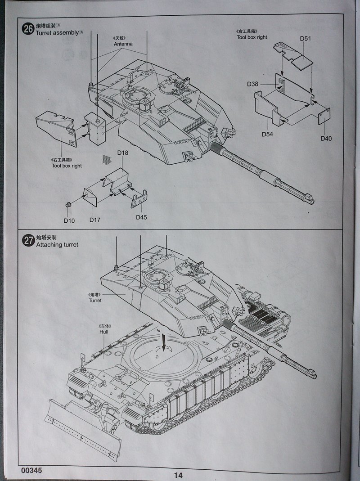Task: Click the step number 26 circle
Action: pyautogui.click(x=28, y=29)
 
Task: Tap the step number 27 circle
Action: pyautogui.click(x=28, y=241)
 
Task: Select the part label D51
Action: pyautogui.click(x=306, y=39)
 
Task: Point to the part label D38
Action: pyautogui.click(x=252, y=84)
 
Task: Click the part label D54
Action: pyautogui.click(x=267, y=134)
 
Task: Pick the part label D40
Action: pyautogui.click(x=326, y=138)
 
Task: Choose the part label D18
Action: pyautogui.click(x=123, y=153)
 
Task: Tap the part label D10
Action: pyautogui.click(x=69, y=220)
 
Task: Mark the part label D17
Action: pyautogui.click(x=95, y=220)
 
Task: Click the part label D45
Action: pyautogui.click(x=141, y=217)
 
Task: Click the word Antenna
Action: pyautogui.click(x=123, y=44)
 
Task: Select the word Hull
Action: pyautogui.click(x=104, y=332)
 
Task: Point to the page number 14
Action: pyautogui.click(x=178, y=475)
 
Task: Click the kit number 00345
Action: pyautogui.click(x=31, y=470)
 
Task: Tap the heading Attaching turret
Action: pyautogui.click(x=57, y=245)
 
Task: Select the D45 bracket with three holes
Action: pyautogui.click(x=139, y=199)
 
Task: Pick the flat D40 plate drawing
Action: pyautogui.click(x=324, y=116)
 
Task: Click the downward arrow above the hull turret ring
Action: pyautogui.click(x=164, y=342)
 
